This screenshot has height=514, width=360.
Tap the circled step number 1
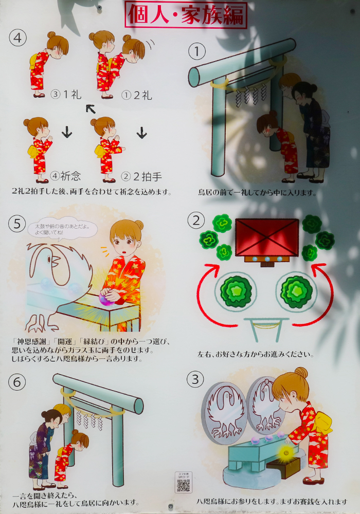tap(196, 50)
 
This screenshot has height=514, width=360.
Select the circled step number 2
tap(196, 221)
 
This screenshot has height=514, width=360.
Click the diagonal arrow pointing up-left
tap(91, 108)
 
